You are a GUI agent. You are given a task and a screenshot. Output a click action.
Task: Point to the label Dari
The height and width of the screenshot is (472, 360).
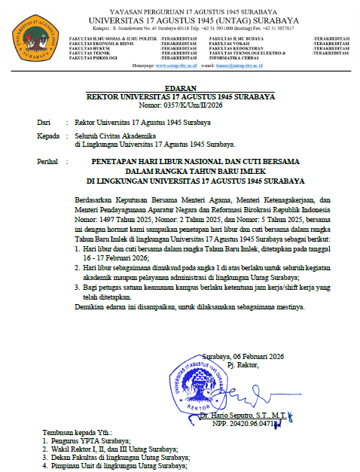(44, 120)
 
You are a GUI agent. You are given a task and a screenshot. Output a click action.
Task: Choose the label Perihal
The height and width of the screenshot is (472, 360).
(49, 162)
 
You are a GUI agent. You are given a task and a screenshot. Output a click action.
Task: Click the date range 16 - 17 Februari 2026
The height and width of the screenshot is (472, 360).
(121, 256)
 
